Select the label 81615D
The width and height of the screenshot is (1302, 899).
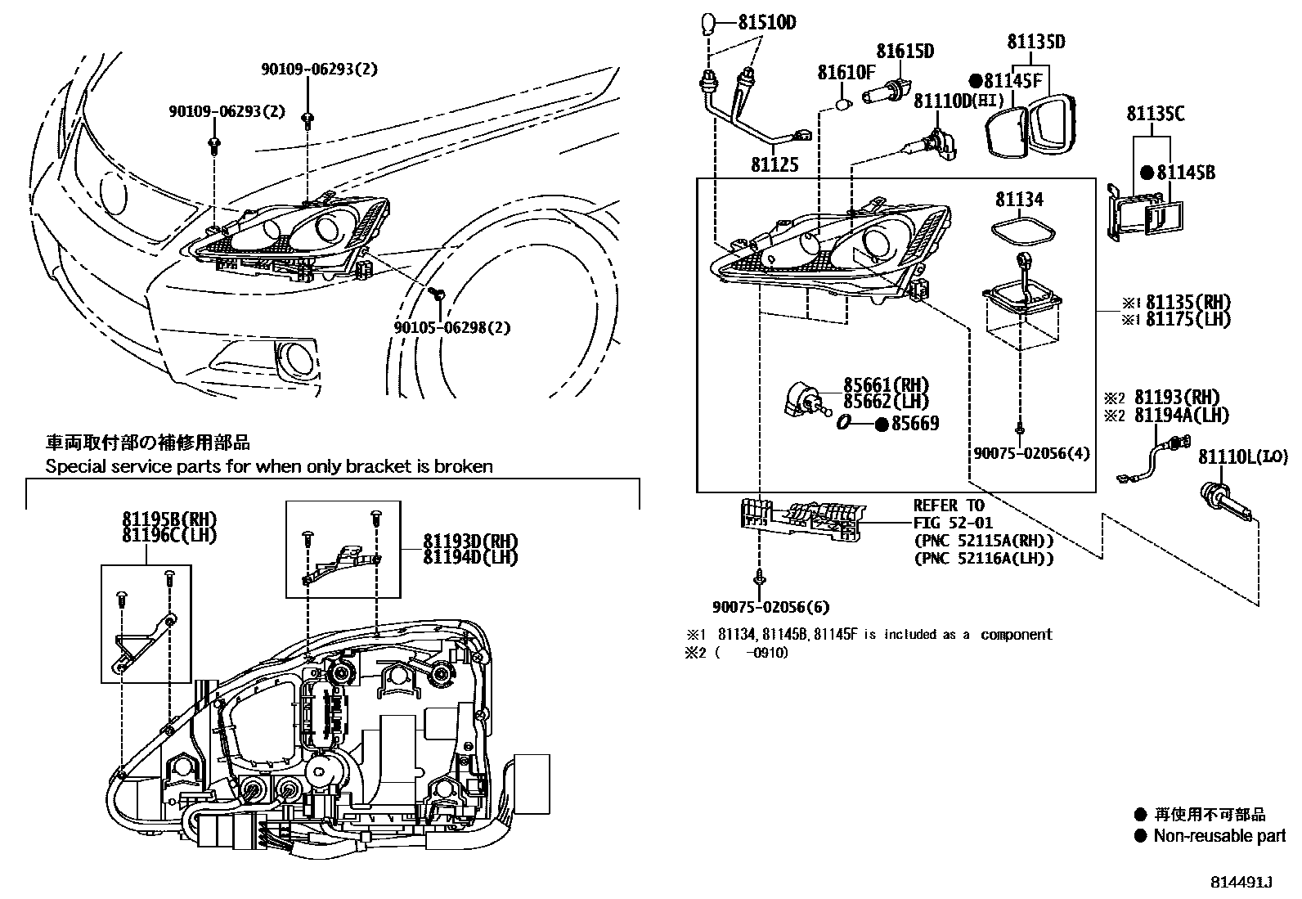pyautogui.click(x=905, y=52)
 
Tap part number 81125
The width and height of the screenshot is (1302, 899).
pyautogui.click(x=774, y=164)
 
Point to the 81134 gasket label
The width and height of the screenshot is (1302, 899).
pyautogui.click(x=1019, y=200)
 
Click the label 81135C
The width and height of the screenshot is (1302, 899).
pyautogui.click(x=1155, y=114)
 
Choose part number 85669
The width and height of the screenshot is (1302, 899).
pyautogui.click(x=914, y=424)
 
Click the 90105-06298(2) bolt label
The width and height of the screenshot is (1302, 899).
pyautogui.click(x=451, y=327)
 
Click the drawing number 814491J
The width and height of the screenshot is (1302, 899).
pyautogui.click(x=1242, y=883)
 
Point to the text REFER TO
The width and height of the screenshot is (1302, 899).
pyautogui.click(x=949, y=506)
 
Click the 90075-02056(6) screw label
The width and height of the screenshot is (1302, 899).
pyautogui.click(x=770, y=607)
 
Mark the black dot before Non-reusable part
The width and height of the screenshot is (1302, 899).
pyautogui.click(x=1140, y=836)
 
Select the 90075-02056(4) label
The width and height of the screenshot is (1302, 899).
pyautogui.click(x=1031, y=452)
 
